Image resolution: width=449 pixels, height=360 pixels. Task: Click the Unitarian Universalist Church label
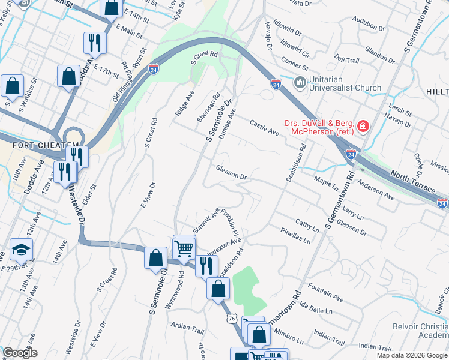345,83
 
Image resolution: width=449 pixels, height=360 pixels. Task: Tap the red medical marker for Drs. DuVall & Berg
363,127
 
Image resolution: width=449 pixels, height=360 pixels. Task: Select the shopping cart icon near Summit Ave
184,247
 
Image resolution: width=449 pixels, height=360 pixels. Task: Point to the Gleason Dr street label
232,173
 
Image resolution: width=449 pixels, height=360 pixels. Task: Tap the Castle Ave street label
265,127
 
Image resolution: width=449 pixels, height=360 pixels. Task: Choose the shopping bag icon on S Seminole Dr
156,257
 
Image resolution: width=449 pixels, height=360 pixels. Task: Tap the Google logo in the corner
20,353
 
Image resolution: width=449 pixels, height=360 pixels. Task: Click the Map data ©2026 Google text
412,355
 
